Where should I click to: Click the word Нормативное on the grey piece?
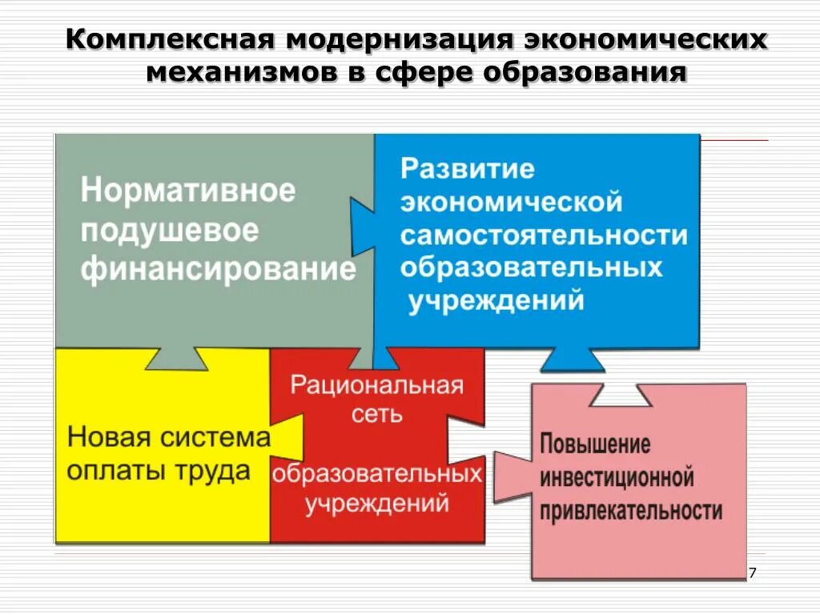point(188,192)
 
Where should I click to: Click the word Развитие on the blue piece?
point(468,169)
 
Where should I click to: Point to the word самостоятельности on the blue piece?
point(545,235)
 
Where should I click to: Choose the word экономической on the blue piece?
point(512,201)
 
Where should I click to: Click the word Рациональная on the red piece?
point(376,385)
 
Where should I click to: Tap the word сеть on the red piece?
point(376,414)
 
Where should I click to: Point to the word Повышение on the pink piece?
point(595,444)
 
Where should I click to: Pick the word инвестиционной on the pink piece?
point(617,478)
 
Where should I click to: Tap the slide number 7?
point(751,573)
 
